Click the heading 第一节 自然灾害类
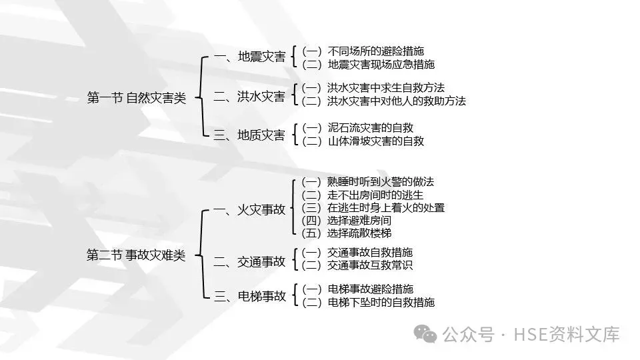coord(137,98)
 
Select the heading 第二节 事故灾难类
coord(137,255)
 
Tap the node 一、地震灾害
coord(249,57)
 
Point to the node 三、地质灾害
coord(249,135)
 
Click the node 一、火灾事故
coord(249,210)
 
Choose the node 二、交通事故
coord(249,261)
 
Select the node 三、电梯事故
coord(249,296)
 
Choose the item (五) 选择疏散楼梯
coord(347,233)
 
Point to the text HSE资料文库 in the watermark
coord(565,333)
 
